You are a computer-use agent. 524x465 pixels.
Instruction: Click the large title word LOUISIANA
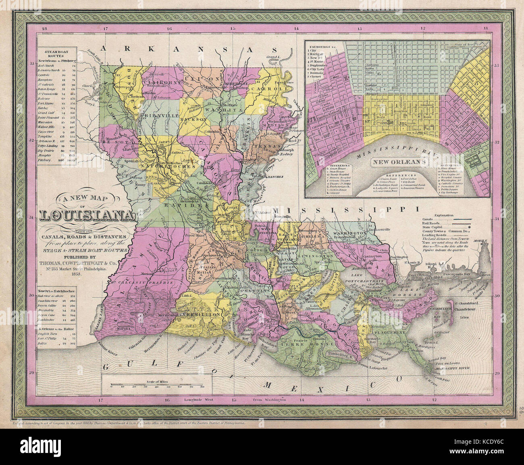pyautogui.click(x=87, y=216)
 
